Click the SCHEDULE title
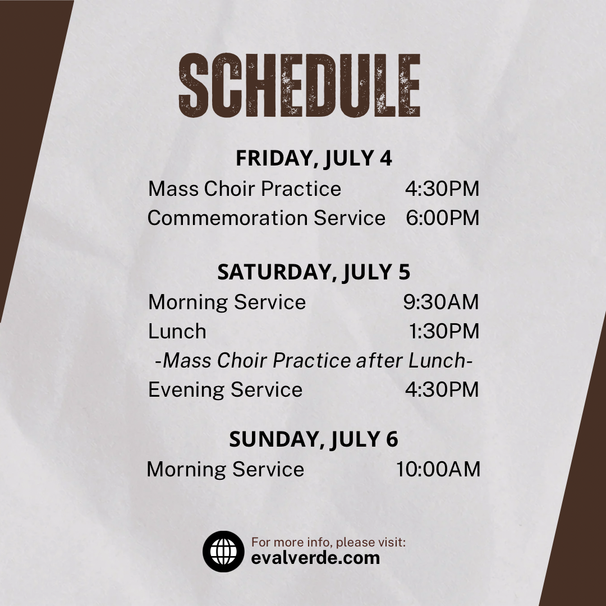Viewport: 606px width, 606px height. coord(300,85)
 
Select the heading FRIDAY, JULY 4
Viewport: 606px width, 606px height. coord(314,158)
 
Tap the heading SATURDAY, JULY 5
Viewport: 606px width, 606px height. coord(314,272)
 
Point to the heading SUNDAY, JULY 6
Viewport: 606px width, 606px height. coord(314,439)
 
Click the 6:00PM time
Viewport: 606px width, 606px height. coord(443,218)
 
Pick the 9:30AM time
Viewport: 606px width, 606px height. coord(441,302)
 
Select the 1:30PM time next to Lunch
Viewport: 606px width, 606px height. coord(444,331)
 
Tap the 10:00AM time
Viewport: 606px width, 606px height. coord(438,469)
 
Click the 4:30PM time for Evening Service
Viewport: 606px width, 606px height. coord(442,389)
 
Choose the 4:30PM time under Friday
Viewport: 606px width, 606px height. coord(442,189)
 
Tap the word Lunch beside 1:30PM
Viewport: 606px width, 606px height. coord(177,331)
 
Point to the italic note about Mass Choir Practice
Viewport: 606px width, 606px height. coord(314,361)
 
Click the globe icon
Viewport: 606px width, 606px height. coord(223,552)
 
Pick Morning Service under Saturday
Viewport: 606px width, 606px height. coord(227,302)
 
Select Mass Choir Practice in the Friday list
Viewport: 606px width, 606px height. coord(245,189)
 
